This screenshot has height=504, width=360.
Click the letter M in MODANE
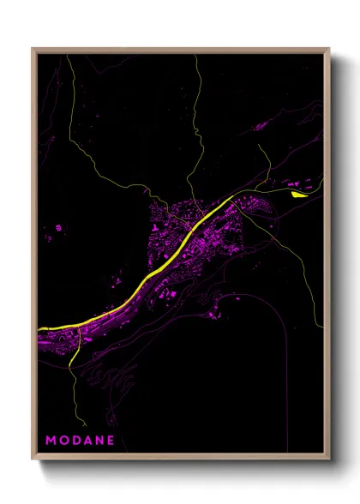(x=51, y=441)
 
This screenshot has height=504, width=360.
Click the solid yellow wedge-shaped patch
(x=298, y=194)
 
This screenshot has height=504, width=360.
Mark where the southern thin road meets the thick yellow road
(x=78, y=324)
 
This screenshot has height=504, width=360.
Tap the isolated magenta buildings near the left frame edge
(x=57, y=230)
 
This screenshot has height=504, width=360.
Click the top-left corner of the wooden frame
(x=33, y=50)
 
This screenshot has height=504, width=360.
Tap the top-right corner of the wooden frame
(x=328, y=50)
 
